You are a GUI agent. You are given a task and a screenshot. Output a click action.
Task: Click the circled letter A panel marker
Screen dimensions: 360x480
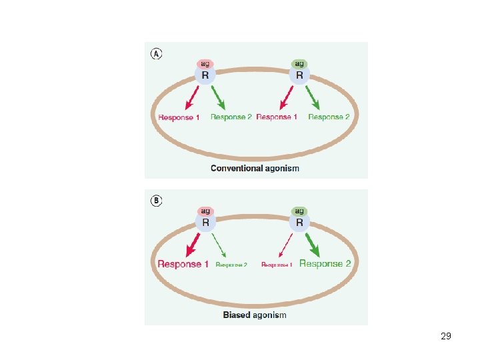click(x=157, y=54)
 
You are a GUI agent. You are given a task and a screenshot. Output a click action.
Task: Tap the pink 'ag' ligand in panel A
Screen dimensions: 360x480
click(x=205, y=64)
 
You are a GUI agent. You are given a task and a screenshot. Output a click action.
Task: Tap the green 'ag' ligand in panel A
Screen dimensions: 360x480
click(x=299, y=64)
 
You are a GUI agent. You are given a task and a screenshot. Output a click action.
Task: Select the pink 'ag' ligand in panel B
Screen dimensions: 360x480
click(x=205, y=211)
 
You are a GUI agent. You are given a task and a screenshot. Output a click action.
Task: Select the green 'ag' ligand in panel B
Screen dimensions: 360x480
click(x=299, y=211)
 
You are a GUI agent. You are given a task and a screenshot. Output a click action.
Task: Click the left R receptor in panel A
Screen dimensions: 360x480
click(x=205, y=76)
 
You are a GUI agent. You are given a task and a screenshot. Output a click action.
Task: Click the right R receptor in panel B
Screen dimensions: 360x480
click(x=299, y=223)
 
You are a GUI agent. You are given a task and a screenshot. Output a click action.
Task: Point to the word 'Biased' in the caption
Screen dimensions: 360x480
click(x=237, y=315)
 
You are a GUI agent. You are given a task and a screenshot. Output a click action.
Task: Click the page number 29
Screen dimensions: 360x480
click(x=446, y=336)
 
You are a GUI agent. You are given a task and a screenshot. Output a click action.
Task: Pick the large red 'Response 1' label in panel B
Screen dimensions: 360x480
click(x=183, y=264)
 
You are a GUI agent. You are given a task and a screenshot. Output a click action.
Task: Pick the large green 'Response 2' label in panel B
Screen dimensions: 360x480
click(x=325, y=264)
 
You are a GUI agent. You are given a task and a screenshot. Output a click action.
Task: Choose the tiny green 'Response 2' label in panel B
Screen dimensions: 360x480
click(x=231, y=265)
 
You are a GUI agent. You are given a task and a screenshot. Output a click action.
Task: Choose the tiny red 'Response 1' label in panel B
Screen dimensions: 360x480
click(x=277, y=265)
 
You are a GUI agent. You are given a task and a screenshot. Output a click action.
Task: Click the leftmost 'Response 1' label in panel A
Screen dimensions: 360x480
click(x=179, y=117)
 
